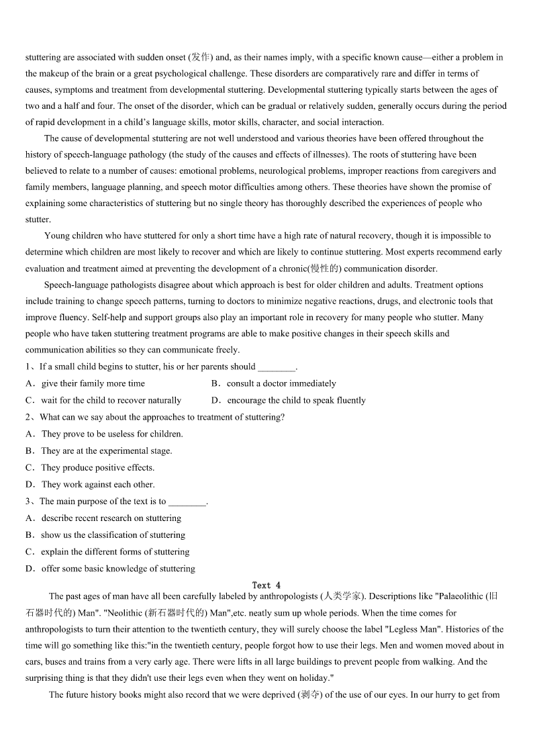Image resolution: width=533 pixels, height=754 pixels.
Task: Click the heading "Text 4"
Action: pos(266,585)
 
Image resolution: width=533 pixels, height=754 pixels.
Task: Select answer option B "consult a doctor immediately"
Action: pos(281,383)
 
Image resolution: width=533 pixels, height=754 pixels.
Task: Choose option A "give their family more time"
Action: pos(93,383)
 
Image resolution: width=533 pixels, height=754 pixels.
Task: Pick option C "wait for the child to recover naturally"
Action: pos(111,400)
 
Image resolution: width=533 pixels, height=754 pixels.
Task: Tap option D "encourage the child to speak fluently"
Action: pos(296,400)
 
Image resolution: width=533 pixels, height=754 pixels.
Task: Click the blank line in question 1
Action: pos(277,367)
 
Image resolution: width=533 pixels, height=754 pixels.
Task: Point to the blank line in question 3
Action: pos(187,502)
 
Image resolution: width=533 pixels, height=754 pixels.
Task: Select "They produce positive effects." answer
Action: pos(97,467)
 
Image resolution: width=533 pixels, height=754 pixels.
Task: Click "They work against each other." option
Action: pos(97,484)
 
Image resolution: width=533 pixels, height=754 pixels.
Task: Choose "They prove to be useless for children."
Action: pos(111,434)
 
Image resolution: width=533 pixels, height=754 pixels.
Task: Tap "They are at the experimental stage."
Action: pos(106,451)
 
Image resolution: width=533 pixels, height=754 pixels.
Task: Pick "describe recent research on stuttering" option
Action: pos(111,518)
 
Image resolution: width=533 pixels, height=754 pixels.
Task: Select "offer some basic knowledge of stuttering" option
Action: pos(117,568)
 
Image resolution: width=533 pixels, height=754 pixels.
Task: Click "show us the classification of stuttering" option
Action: pos(113,534)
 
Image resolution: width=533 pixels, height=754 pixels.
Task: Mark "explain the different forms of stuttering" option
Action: pos(115,551)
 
